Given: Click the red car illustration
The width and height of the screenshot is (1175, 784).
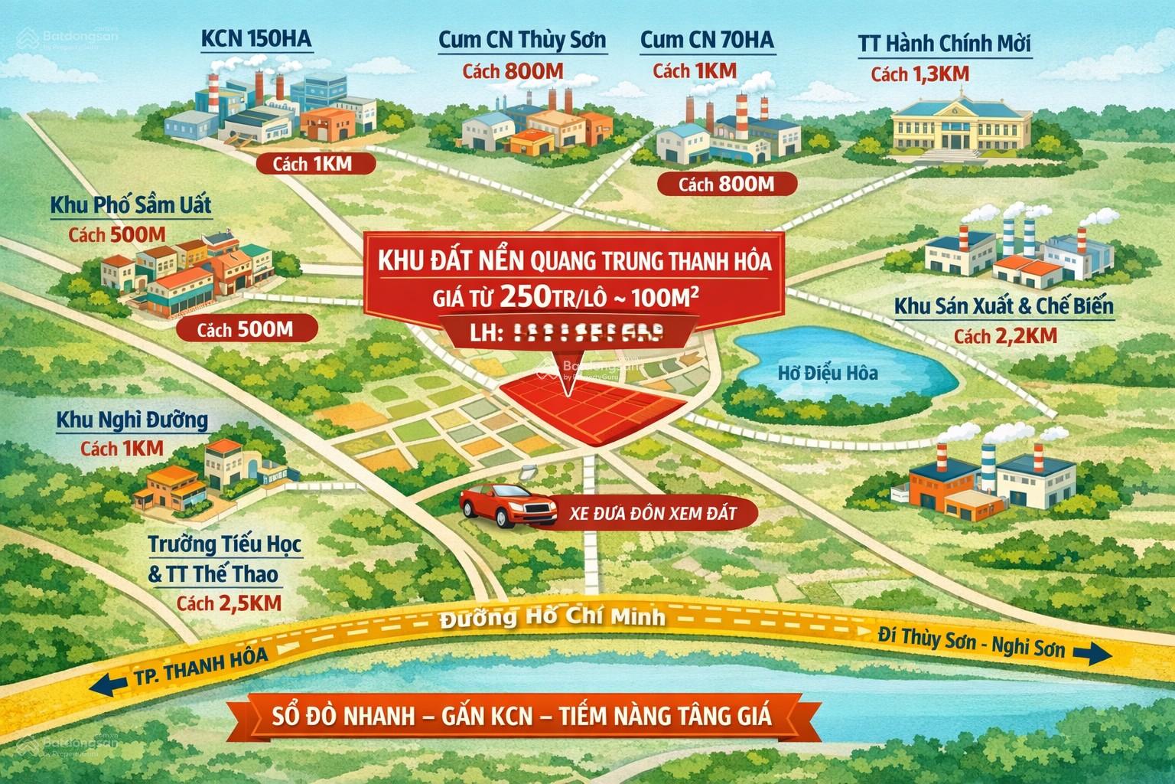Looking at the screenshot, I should click(x=509, y=505).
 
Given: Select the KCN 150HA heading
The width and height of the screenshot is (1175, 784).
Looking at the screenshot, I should click(x=256, y=40).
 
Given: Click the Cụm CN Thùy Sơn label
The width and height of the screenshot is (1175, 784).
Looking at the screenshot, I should click(x=522, y=41).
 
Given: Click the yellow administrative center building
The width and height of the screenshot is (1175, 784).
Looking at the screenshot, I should click(x=959, y=127).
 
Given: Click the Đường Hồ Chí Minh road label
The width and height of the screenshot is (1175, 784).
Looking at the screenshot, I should click(x=553, y=618).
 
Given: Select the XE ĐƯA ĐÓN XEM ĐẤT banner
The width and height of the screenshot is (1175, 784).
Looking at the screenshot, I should click(x=653, y=513).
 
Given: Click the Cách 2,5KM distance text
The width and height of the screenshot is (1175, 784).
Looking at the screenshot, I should click(x=229, y=603).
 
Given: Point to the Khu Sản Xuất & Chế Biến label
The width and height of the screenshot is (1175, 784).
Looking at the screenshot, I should click(x=1004, y=307).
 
